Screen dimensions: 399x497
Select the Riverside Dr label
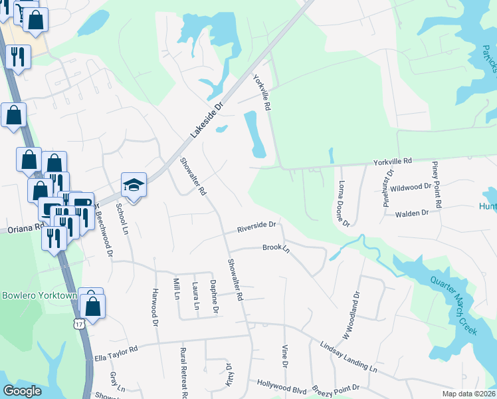[256, 228]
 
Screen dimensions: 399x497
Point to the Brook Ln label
[276, 248]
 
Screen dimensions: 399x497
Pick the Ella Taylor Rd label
[115, 349]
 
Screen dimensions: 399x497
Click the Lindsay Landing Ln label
[348, 358]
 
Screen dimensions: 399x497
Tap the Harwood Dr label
[155, 307]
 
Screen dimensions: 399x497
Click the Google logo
[23, 391]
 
